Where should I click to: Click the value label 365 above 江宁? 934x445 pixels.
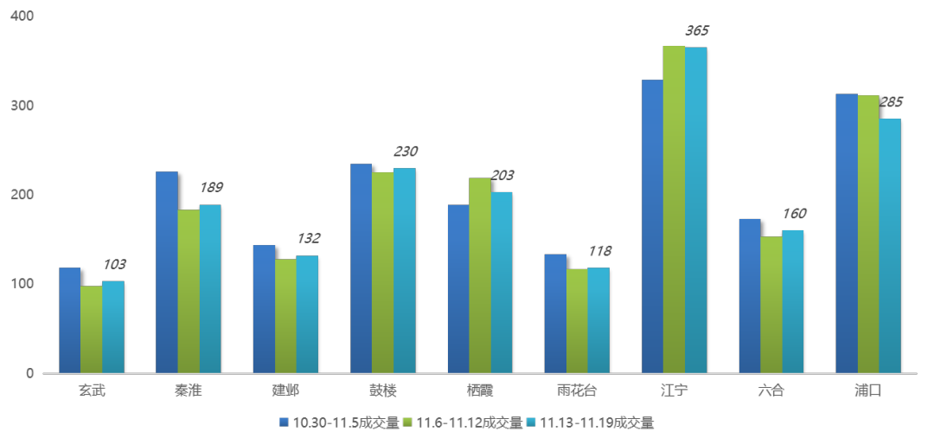pos(696,31)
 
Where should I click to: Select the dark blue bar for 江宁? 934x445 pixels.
pos(652,225)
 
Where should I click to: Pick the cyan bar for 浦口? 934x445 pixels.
pos(890,246)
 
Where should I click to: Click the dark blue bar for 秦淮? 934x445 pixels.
pos(167,272)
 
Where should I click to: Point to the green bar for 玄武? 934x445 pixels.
pos(91,329)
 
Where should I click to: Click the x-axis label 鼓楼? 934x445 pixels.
pos(382,390)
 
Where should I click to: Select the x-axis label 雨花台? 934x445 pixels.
pos(577,390)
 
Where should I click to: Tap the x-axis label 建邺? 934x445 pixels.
pos(285,390)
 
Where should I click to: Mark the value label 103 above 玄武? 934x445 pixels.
pos(115,265)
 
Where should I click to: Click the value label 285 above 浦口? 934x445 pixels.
pos(891,102)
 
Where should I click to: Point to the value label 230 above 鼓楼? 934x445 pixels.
pos(405,152)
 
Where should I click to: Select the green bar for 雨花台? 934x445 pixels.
pos(577,320)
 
